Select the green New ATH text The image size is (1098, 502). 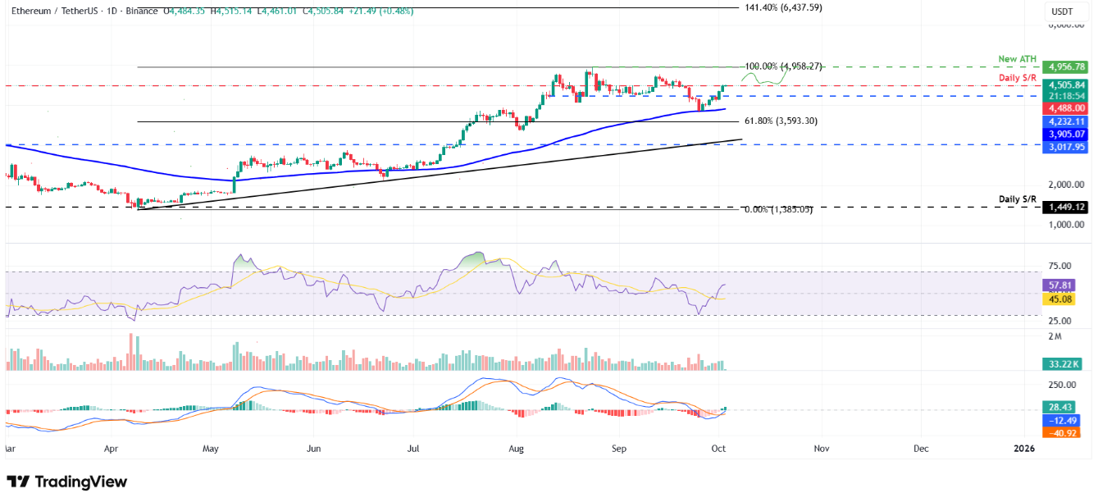[x=1017, y=59]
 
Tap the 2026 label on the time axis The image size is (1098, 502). [x=1023, y=450]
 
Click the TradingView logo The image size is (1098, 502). [x=67, y=481]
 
